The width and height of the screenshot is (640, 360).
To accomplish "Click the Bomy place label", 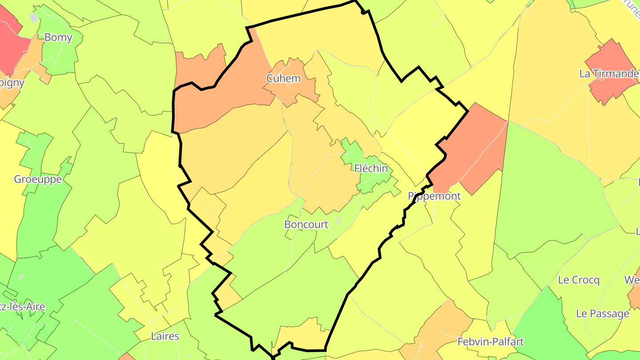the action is [58, 37].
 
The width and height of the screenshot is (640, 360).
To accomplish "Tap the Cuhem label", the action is [284, 79].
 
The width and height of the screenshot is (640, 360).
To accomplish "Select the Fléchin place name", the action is [371, 168].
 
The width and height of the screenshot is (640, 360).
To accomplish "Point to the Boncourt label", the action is [306, 224].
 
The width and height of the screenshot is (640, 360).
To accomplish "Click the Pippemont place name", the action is [434, 196].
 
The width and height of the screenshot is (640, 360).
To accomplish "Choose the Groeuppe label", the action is [38, 179].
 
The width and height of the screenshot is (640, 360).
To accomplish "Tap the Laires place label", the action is [165, 336].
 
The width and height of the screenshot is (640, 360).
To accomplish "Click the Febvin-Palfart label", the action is [491, 342].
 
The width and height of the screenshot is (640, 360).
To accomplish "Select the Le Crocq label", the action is [579, 280].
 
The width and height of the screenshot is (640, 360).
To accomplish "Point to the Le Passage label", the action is [603, 314].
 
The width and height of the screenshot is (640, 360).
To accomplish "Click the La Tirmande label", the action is [609, 74].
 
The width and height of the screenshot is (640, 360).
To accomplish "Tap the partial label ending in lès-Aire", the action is [22, 307].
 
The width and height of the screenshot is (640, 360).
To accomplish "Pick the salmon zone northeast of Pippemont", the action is [471, 147].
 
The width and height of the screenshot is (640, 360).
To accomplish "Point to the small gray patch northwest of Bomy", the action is [34, 18].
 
